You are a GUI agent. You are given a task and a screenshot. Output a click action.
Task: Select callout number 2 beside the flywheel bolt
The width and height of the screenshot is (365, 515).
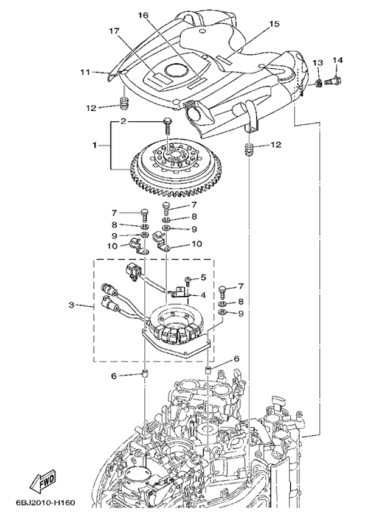(123, 122)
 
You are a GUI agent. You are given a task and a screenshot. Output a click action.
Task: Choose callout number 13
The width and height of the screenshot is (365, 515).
(317, 63)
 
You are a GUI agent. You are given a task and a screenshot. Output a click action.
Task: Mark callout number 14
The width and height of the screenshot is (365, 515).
(338, 60)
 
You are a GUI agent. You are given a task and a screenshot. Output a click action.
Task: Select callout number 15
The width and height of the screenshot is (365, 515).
(274, 24)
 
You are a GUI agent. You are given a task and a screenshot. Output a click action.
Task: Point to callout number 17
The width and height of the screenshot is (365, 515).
(114, 30)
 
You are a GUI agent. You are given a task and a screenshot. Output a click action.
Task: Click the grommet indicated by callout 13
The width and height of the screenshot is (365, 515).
(317, 81)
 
